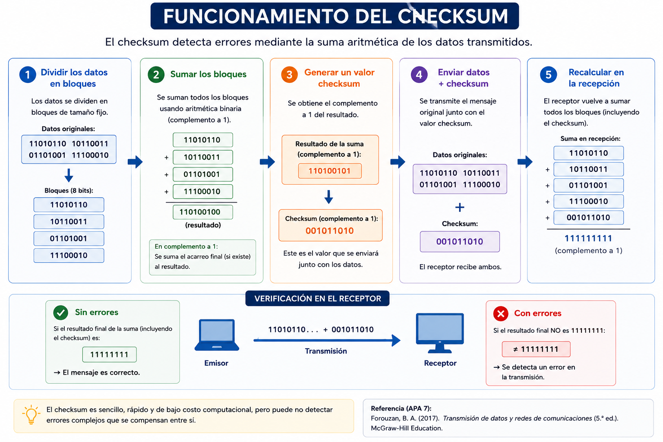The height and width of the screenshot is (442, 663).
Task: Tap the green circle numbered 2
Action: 156,74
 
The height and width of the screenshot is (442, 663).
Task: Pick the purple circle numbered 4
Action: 419,74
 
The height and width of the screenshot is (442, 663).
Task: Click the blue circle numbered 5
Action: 548,74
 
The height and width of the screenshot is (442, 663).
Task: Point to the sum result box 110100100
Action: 203,212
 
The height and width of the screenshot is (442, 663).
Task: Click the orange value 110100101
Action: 330,171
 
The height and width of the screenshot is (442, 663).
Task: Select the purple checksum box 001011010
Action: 460,242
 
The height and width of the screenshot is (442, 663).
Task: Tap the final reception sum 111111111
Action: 588,238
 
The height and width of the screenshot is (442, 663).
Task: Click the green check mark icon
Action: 61,313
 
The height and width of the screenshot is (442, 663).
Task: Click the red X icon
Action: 501,313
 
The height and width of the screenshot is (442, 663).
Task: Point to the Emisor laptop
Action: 217,335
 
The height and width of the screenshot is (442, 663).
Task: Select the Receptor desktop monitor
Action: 440,333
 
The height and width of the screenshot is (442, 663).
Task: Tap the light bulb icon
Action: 31,414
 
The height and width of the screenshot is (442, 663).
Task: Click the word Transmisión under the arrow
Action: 326,351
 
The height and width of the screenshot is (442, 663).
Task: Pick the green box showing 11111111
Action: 110,354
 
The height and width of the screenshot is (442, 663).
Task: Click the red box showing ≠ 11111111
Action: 536,349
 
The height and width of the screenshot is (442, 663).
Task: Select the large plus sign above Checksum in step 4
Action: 460,207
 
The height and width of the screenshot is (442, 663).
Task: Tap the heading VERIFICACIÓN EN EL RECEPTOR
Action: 318,298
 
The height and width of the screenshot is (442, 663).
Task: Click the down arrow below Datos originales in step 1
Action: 69,175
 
